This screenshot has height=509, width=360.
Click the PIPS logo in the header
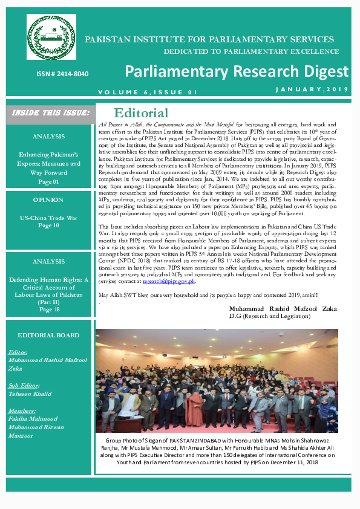click(x=51, y=37)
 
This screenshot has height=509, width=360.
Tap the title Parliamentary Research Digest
click(x=237, y=72)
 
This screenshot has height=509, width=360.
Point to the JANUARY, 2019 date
click(x=312, y=90)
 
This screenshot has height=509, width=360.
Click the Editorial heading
click(x=141, y=113)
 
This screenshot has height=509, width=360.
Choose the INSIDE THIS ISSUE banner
click(x=50, y=112)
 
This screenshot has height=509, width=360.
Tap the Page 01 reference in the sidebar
click(x=48, y=181)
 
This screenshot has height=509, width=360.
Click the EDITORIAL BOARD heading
click(x=48, y=335)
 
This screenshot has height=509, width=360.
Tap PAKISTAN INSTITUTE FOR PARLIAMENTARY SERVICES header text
click(x=209, y=39)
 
